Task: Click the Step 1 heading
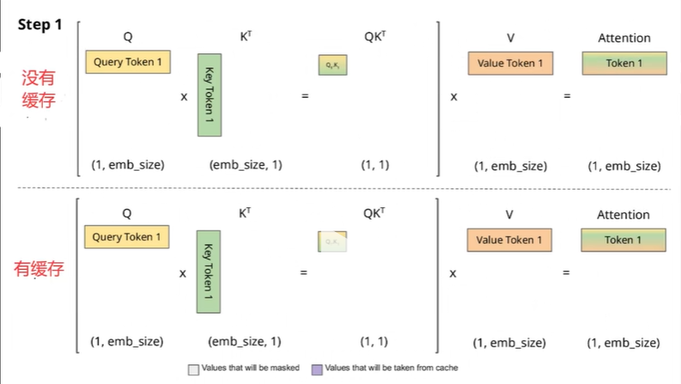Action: tap(40, 24)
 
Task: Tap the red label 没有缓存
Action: tap(39, 88)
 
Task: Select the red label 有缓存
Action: tap(39, 269)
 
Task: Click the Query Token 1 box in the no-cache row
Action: tap(127, 62)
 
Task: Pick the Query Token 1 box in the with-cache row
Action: tap(127, 237)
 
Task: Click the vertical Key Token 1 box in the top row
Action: tap(210, 94)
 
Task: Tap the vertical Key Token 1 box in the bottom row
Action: tap(209, 271)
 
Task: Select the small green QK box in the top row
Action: tap(332, 64)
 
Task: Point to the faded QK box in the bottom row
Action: tap(331, 242)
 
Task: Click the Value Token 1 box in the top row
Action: tap(510, 64)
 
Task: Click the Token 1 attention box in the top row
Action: tap(624, 64)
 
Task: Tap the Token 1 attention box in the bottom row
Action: tap(623, 240)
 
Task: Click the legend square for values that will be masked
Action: tap(193, 369)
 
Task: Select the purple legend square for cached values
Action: tap(317, 369)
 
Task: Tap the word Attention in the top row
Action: tap(624, 38)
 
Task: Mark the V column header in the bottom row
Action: tap(509, 215)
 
